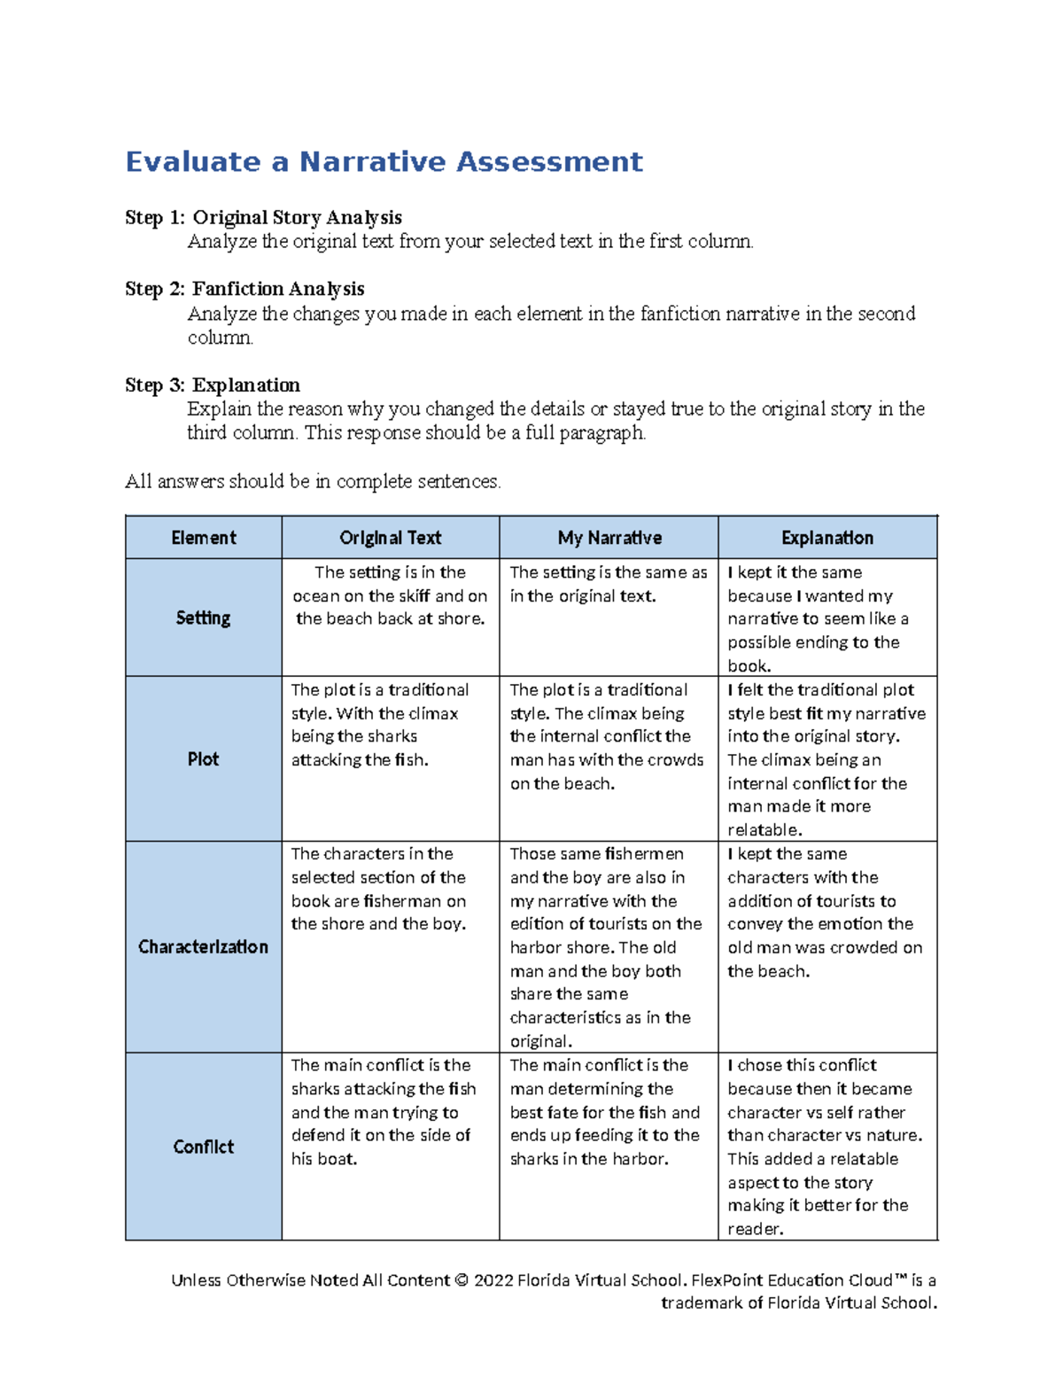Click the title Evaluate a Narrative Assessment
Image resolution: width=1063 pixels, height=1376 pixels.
point(384,162)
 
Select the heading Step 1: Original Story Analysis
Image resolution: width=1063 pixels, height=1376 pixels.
point(263,218)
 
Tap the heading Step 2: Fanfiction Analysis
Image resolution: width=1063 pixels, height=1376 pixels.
point(244,289)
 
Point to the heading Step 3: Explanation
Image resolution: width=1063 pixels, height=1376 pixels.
point(213,385)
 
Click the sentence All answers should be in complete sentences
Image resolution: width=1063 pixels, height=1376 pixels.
point(313,482)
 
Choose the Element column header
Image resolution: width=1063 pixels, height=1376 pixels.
point(204,538)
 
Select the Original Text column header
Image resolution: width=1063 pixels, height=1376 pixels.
point(390,538)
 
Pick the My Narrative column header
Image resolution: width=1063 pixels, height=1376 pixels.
point(609,538)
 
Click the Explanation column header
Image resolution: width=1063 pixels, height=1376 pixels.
point(827,538)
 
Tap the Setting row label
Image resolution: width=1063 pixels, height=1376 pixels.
point(203,618)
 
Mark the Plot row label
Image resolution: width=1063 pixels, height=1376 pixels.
point(203,759)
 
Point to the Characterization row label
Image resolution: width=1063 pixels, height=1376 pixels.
point(203,947)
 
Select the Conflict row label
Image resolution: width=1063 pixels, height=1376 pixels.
point(203,1147)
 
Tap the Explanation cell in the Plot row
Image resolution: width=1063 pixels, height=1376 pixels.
point(826,759)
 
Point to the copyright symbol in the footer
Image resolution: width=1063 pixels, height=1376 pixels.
point(461,1280)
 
